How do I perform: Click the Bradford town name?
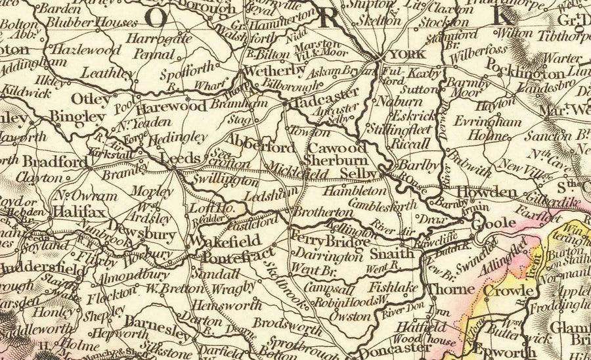coord(54,162)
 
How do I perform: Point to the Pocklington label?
coord(525,73)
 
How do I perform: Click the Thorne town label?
coord(451,289)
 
